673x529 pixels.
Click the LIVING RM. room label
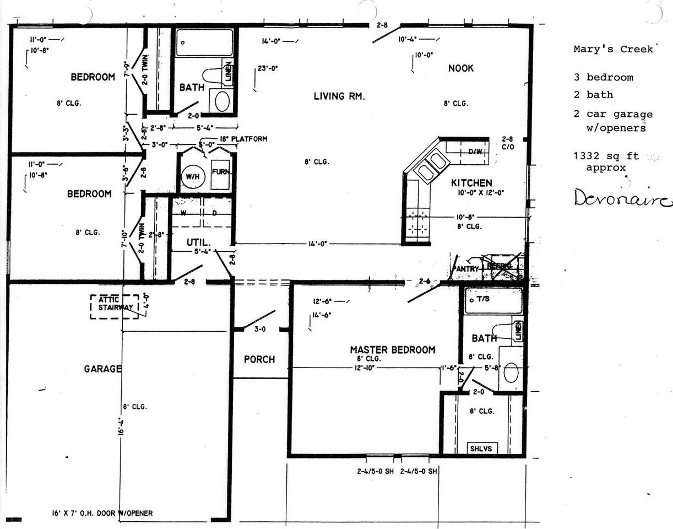[339, 96]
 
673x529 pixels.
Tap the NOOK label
[460, 68]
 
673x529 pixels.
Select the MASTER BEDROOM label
[392, 350]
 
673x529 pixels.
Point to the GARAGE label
[102, 369]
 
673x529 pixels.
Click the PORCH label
[259, 359]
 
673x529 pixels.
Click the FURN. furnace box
[221, 171]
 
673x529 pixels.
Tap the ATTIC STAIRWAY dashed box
[114, 306]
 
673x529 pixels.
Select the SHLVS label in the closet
[480, 449]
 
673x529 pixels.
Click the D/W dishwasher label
[475, 152]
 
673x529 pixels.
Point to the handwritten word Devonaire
[622, 198]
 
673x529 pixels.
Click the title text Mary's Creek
[613, 49]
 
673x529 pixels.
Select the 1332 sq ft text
[606, 156]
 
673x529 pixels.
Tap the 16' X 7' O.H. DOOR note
[99, 513]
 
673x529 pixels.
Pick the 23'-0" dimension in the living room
[268, 69]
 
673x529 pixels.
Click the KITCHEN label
[471, 183]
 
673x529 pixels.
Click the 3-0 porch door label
[259, 330]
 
